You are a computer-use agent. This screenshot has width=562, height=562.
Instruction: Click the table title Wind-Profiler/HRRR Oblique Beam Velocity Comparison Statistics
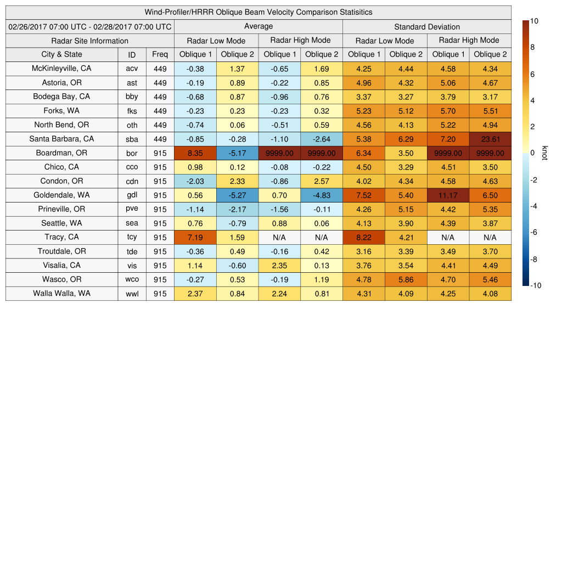[x=258, y=12]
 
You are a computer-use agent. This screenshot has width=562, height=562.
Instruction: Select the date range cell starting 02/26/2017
[x=90, y=26]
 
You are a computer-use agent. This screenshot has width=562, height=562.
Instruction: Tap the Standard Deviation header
[x=427, y=27]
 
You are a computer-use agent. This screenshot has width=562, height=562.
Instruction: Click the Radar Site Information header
[x=90, y=41]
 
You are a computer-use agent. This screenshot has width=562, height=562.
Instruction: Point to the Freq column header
[x=160, y=54]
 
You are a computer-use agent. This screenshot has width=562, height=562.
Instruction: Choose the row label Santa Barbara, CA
[x=61, y=139]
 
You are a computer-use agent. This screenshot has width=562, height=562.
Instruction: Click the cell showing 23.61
[x=490, y=139]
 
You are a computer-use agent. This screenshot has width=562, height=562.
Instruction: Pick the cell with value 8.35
[x=195, y=153]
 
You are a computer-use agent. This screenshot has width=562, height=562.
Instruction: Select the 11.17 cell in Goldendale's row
[x=448, y=195]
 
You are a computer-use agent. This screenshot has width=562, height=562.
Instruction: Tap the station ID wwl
[x=132, y=294]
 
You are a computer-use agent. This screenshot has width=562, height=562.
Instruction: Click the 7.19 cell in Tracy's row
[x=195, y=237]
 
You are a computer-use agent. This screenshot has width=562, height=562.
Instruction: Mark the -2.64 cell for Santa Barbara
[x=322, y=139]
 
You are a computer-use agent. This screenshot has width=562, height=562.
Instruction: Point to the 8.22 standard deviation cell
[x=363, y=237]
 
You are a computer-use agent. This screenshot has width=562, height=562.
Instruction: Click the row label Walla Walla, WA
[x=61, y=294]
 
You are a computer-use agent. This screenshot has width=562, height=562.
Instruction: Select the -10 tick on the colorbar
[x=536, y=285]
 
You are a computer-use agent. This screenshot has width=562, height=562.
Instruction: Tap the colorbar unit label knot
[x=545, y=153]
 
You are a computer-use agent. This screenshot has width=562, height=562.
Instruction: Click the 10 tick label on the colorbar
[x=535, y=21]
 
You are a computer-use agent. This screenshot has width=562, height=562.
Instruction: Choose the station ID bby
[x=132, y=97]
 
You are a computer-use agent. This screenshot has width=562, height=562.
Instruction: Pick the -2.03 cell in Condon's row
[x=195, y=181]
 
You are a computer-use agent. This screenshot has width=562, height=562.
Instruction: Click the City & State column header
[x=61, y=54]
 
